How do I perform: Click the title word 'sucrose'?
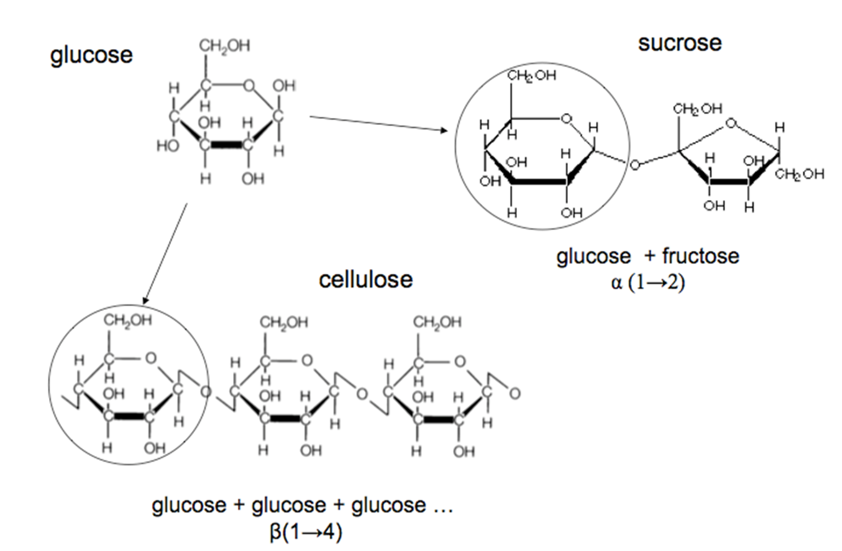point(680,43)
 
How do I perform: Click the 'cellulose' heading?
point(366,280)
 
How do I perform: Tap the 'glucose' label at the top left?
point(91,56)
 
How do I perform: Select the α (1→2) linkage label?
point(648,282)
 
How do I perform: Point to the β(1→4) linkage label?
point(306,532)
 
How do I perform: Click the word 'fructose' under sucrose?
point(701,257)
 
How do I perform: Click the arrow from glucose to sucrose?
point(378,124)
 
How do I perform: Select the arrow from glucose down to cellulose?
point(165,253)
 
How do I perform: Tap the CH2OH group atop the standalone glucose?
point(224,47)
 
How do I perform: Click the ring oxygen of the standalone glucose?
point(249,86)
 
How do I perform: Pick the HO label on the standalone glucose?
point(168,146)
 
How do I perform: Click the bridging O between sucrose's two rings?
point(634,165)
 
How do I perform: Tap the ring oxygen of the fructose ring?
point(731,123)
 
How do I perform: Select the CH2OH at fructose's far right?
point(800,174)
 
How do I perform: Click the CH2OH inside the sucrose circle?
point(531,76)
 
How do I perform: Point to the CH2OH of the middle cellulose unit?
point(284,323)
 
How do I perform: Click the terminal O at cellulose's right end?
point(515,393)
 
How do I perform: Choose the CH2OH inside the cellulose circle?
point(128,321)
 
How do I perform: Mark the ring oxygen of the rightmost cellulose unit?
point(460,362)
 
